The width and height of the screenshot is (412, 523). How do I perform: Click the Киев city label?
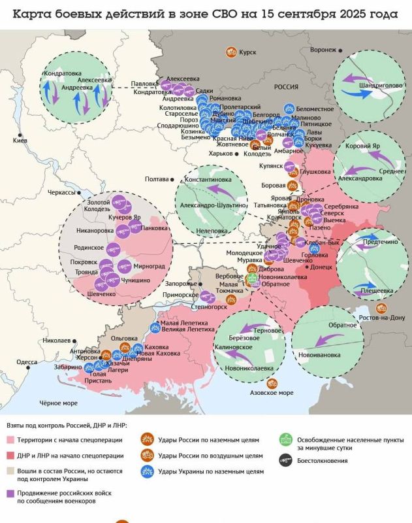tap(20, 141)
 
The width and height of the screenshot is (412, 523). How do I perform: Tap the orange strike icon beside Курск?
tap(230, 51)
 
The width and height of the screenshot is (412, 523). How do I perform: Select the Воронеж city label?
tap(323, 50)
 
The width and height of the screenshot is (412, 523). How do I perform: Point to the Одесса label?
tap(27, 362)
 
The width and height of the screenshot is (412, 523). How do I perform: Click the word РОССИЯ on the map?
tap(286, 86)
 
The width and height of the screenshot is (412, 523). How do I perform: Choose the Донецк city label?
tap(322, 267)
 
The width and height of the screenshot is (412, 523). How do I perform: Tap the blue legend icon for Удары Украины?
tap(146, 471)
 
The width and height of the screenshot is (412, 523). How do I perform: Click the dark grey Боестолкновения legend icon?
tap(285, 461)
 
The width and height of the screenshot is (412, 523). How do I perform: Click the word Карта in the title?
tap(34, 14)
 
